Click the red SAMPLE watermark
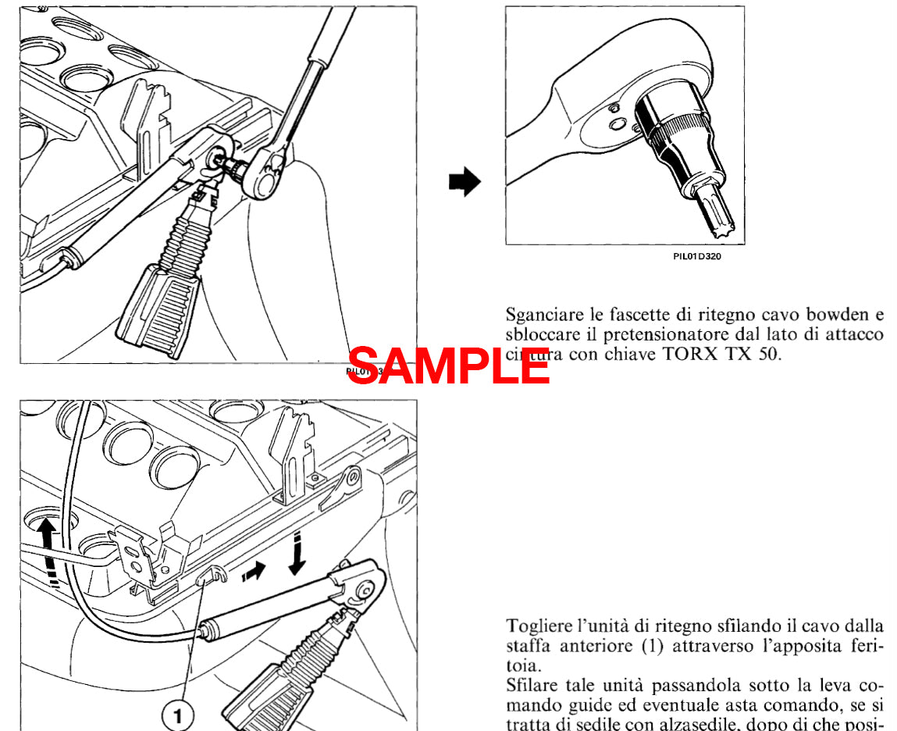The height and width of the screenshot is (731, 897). (x=448, y=365)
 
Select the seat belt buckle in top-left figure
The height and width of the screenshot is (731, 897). (x=163, y=305)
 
